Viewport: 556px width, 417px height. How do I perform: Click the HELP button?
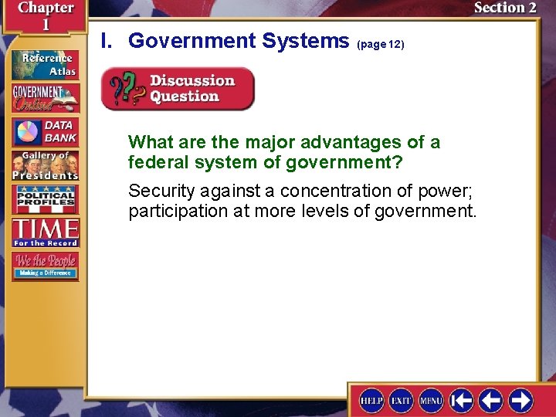372,400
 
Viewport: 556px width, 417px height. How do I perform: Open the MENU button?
431,400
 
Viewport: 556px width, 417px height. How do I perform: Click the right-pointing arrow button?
520,400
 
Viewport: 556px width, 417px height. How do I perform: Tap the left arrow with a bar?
462,400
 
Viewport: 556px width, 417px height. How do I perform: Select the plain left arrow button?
491,400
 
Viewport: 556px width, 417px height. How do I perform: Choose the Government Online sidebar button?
45,98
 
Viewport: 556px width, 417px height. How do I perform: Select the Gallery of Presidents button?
45,165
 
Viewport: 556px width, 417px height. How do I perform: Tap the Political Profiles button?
45,199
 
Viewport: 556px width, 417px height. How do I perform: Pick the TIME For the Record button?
45,232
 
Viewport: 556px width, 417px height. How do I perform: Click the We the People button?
45,266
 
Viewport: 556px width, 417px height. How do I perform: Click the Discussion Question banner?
178,89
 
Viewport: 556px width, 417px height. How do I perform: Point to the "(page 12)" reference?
381,45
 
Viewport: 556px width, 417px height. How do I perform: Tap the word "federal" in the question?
157,163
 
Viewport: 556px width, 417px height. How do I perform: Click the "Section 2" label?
504,8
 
